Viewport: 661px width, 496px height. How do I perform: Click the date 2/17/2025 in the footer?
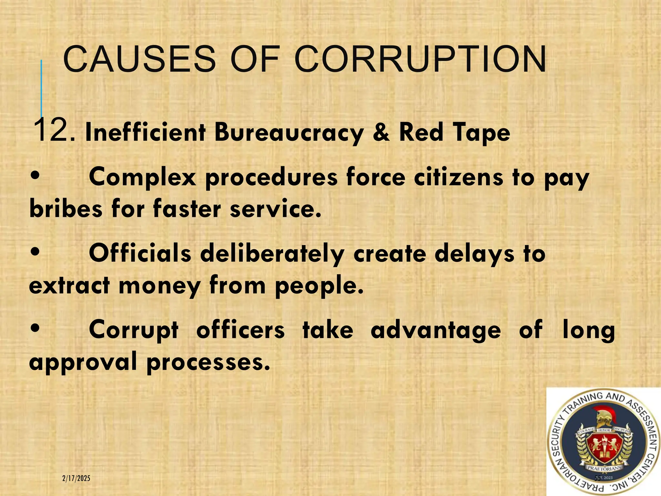point(76,478)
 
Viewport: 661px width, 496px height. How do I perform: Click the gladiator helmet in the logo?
point(603,418)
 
